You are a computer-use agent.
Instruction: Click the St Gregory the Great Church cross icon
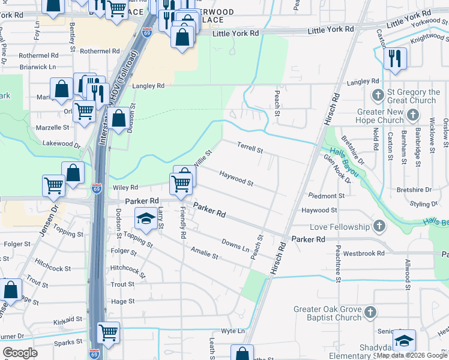click(378, 95)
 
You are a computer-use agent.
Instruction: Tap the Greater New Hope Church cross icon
click(412, 114)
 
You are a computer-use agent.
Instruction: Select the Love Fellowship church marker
click(378, 227)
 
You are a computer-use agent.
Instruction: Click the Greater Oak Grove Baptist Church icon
click(370, 312)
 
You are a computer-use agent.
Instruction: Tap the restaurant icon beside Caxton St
click(395, 58)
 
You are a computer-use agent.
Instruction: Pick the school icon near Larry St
click(146, 219)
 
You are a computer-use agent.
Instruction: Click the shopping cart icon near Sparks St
click(108, 332)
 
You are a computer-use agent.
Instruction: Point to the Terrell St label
click(250, 147)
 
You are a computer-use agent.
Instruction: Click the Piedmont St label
click(327, 196)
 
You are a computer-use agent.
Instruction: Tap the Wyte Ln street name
click(234, 331)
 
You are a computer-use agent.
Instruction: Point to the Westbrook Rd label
click(364, 253)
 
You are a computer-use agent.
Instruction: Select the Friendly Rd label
click(182, 220)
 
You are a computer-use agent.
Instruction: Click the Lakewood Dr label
click(61, 144)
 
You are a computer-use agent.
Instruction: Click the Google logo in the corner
click(20, 353)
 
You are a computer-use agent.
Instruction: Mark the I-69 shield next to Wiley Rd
click(97, 188)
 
